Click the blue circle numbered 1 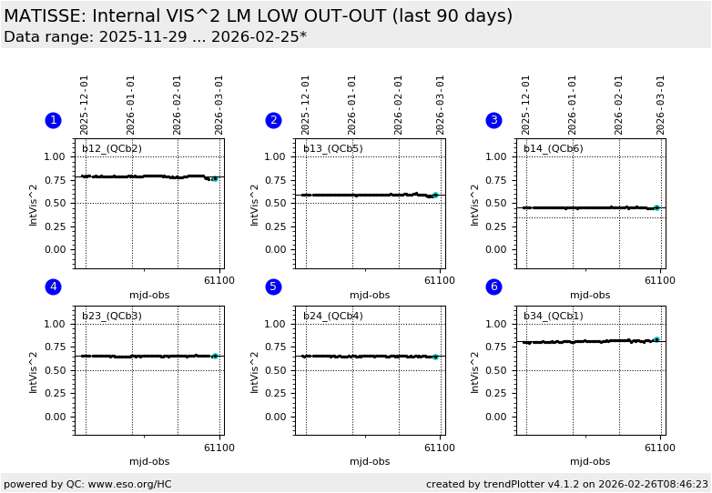tap(53, 120)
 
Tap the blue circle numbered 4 tap(53, 287)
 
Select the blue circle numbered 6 tap(493, 287)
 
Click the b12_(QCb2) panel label tap(112, 148)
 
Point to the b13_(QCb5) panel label tap(332, 148)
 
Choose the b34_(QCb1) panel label tap(553, 316)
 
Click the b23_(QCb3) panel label tap(112, 316)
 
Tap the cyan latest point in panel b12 tap(214, 179)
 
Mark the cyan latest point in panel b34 tap(656, 339)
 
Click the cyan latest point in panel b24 tap(435, 357)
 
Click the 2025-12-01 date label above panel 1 tap(85, 105)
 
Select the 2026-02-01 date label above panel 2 tap(398, 105)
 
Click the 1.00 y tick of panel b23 tap(56, 324)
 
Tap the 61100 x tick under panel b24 tap(440, 448)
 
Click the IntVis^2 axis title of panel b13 tap(255, 205)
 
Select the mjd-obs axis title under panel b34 tap(590, 462)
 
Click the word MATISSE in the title tap(44, 16)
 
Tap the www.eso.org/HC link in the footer tap(130, 485)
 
